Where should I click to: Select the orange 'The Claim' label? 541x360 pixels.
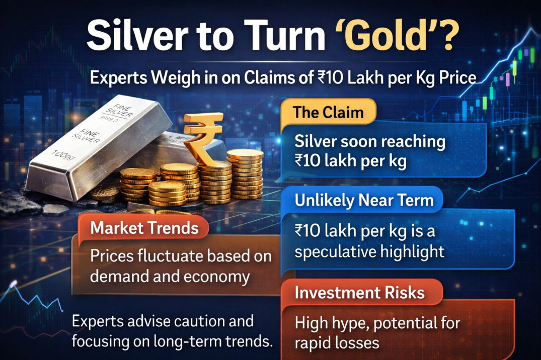click(x=329, y=112)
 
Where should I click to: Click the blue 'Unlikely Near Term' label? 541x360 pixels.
click(x=364, y=200)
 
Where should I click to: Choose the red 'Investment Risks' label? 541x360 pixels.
click(x=359, y=292)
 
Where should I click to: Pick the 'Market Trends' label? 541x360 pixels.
click(x=144, y=228)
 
